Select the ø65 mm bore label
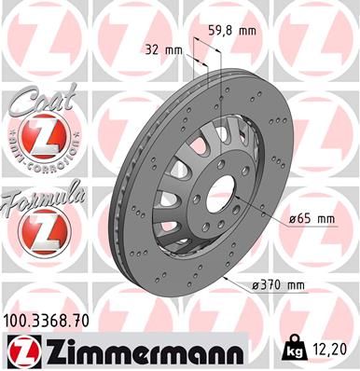[x=312, y=219]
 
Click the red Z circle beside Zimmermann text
[x=21, y=351]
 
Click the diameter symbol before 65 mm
[x=293, y=219]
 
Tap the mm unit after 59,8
[x=247, y=31]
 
